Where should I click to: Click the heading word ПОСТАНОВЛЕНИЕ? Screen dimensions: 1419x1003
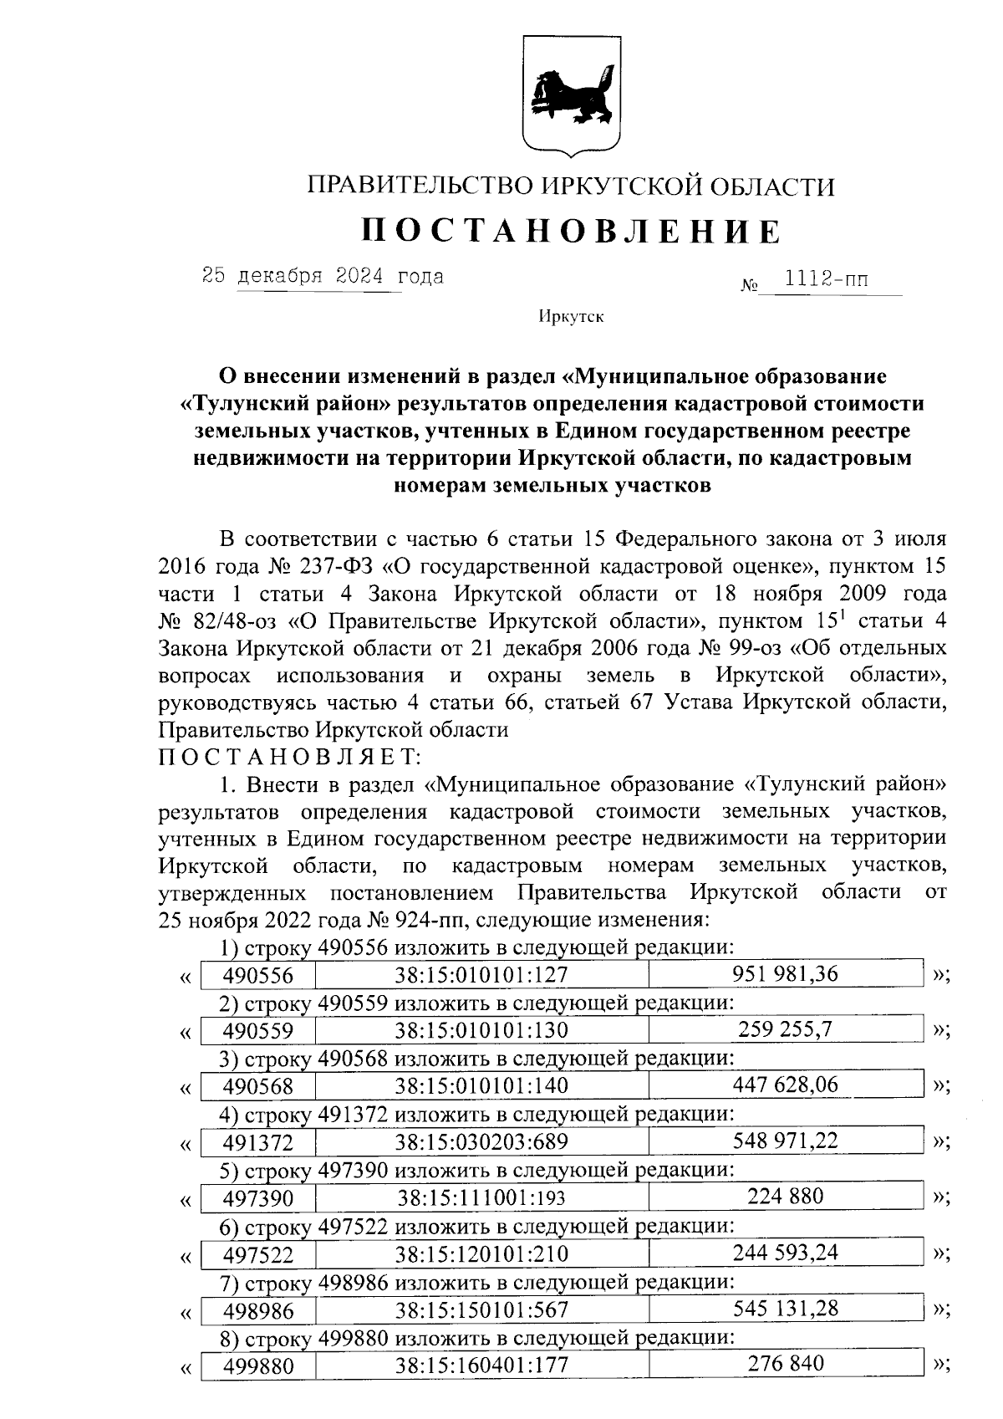tap(572, 231)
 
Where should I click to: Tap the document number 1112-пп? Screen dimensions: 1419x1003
tap(822, 279)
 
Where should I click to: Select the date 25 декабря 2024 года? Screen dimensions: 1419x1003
tap(323, 276)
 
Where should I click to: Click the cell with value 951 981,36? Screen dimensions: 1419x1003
tap(785, 974)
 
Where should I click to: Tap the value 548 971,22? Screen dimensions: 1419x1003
tap(785, 1141)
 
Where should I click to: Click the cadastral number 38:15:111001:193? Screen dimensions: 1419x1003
tap(481, 1198)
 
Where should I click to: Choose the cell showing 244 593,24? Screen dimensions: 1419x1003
tap(785, 1253)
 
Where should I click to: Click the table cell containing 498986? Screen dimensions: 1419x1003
tap(258, 1310)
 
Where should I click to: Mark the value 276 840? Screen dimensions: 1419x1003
tap(785, 1364)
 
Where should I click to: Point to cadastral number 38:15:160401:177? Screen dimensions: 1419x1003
tap(481, 1365)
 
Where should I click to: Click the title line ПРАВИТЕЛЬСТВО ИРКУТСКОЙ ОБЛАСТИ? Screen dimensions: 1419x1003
tap(572, 186)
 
